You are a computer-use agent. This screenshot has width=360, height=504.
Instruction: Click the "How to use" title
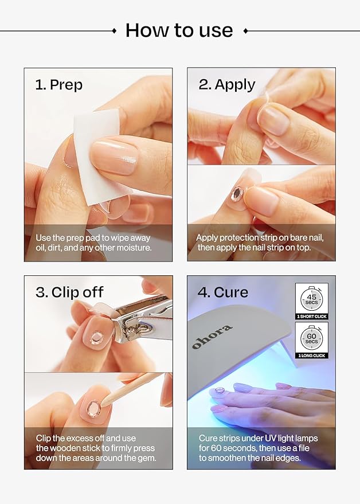pos(179,30)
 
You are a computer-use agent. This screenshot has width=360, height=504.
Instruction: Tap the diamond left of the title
pos(114,30)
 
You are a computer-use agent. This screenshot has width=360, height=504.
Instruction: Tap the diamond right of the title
pos(245,30)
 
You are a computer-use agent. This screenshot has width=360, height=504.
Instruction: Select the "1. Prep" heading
pos(59,85)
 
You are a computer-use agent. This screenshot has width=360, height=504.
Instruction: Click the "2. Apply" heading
pos(227,85)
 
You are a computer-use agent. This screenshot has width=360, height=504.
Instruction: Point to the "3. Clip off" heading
pos(70,292)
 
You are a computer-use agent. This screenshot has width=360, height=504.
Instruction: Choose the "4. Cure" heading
pos(223,292)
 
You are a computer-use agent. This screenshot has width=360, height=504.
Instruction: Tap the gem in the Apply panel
pos(237,193)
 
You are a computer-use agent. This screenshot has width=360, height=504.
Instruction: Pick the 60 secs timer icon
pos(312,338)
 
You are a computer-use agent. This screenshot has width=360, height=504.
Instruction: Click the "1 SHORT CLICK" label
pos(312,317)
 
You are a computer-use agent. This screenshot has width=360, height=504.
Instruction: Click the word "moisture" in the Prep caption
pos(131,248)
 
